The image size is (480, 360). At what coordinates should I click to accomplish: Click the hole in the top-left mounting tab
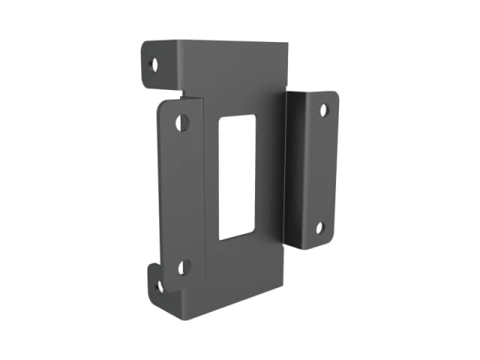coord(154,64)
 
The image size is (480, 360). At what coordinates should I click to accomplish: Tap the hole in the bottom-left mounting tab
coord(159,286)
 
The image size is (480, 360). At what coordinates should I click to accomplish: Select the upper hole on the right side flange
coord(323,110)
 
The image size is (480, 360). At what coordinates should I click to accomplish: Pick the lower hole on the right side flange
coord(319,228)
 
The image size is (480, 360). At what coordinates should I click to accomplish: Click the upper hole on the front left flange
coord(181,122)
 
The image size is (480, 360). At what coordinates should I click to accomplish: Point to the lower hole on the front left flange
coord(183,266)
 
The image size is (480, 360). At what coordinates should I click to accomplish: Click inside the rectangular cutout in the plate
coord(236,178)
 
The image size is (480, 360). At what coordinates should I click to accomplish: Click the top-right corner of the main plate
coord(288,45)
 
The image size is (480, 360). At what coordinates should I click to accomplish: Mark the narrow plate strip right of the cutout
coord(270,172)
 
